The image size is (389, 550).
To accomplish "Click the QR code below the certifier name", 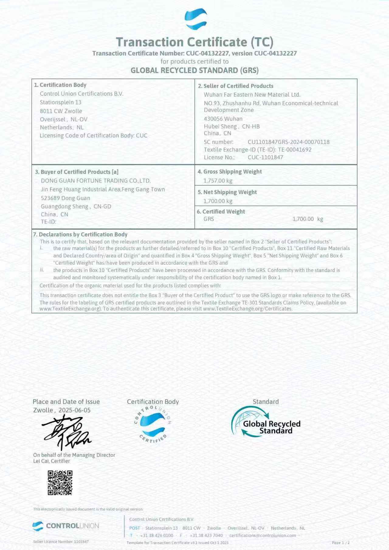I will [60, 483].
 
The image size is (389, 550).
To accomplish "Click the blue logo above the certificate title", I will [196, 19].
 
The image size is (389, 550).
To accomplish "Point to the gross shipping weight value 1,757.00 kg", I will [218, 181].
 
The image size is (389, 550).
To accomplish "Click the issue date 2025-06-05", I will [74, 410].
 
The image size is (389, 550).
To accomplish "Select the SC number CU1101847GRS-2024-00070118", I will [288, 142].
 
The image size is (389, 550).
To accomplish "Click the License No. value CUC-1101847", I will [265, 157].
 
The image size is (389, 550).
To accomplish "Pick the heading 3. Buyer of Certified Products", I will [77, 172].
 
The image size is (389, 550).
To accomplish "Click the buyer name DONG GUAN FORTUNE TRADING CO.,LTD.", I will [96, 181].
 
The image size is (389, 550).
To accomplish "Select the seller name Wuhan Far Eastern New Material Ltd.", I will [252, 95].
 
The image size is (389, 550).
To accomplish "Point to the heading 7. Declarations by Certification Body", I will [80, 234].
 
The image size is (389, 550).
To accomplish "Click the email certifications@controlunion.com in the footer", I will [262, 535].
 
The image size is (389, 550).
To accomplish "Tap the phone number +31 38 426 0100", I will [157, 535].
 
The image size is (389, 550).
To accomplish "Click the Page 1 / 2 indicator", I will [341, 542].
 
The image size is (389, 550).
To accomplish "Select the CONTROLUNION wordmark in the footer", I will [72, 526].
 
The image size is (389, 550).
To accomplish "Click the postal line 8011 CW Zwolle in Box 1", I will [61, 111].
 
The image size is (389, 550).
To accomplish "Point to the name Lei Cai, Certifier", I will [52, 461].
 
